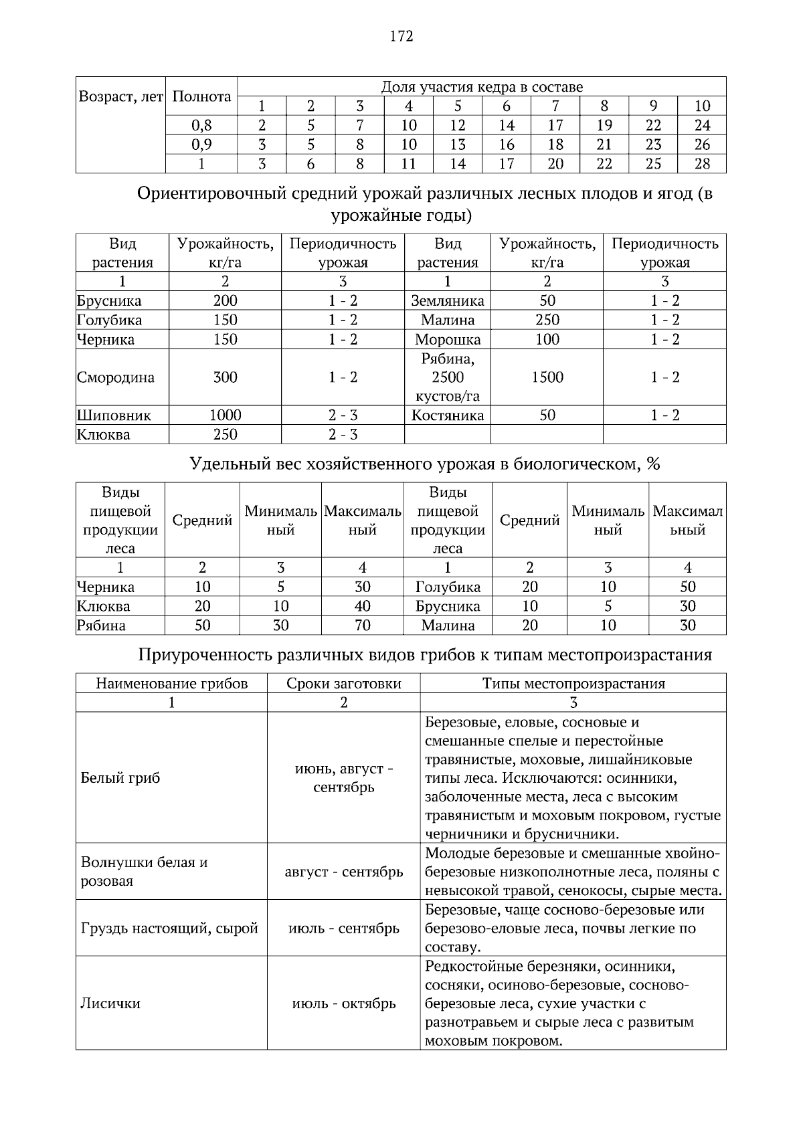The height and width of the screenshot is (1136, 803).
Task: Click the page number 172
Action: coord(401,36)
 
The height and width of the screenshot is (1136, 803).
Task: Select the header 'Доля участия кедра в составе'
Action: coord(482,87)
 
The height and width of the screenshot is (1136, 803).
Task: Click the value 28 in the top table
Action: coord(702,164)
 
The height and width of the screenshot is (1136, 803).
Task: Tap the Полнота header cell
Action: coord(201,96)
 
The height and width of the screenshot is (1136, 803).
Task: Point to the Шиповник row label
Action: coord(114,415)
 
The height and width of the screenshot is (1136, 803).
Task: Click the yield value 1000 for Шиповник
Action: coord(225,415)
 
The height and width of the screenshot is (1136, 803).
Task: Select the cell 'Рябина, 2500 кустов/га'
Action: coord(448,377)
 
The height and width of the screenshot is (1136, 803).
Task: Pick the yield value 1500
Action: coord(547,377)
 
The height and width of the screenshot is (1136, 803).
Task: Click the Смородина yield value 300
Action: coord(225,377)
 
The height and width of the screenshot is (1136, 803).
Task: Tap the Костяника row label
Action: coord(448,415)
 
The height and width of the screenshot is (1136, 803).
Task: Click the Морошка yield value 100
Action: coord(547,339)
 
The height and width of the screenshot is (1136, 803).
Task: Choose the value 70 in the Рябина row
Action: coord(362,626)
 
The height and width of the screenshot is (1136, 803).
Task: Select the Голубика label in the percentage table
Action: coord(448,587)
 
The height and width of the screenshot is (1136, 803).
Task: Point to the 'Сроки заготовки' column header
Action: coord(344,683)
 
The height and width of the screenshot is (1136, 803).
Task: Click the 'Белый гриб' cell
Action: coord(120,778)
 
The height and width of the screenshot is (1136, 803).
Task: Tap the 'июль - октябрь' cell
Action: coord(344,1004)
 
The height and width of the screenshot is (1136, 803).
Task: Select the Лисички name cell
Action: coord(110,1004)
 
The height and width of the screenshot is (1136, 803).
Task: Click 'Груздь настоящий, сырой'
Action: coord(169,929)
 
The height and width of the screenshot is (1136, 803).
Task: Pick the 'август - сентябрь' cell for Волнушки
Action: coord(344,872)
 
